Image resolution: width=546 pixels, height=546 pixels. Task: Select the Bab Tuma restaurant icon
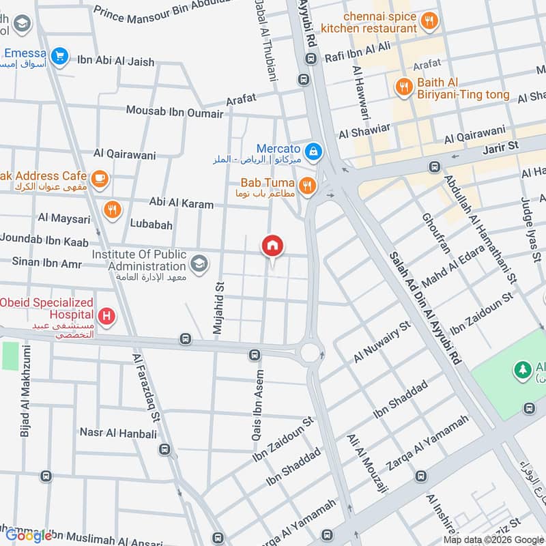308,185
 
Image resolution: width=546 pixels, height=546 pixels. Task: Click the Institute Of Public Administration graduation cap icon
199,263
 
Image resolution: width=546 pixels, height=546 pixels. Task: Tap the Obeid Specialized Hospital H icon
106,316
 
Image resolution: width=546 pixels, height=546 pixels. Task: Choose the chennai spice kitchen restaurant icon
429,20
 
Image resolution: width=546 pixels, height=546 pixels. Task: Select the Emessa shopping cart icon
60,55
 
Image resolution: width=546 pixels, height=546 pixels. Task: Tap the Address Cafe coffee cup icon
100,178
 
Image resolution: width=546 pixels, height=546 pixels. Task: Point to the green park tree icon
523,371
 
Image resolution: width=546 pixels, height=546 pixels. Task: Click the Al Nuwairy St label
381,342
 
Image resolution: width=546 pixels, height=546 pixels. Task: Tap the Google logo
29,535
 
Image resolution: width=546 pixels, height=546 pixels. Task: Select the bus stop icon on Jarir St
434,167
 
